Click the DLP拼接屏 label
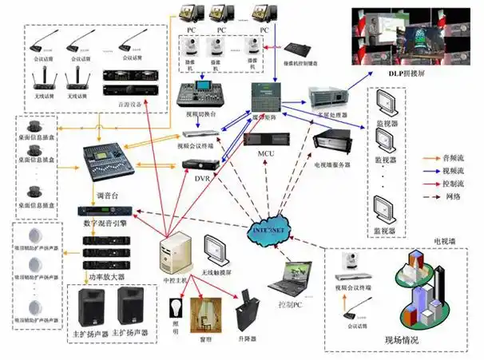410,73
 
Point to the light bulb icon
177,306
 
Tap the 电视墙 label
446,240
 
